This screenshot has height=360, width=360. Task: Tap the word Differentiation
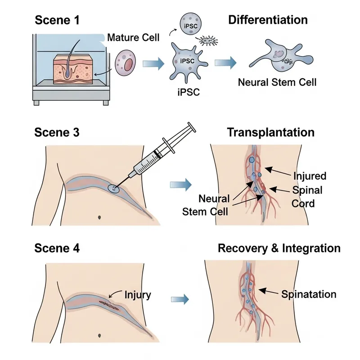tap(268, 20)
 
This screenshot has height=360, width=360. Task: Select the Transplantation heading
tap(270, 132)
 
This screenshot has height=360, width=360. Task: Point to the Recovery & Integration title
tap(279, 248)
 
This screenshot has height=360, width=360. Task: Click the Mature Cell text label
tap(133, 37)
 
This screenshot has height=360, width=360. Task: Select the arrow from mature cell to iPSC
tap(152, 64)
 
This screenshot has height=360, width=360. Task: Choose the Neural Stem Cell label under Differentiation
tap(277, 82)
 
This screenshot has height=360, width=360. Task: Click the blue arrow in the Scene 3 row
tap(181, 184)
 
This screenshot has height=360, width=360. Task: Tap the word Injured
tap(309, 175)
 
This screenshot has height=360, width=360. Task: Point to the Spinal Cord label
tap(307, 196)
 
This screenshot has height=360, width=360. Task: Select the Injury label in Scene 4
tap(138, 295)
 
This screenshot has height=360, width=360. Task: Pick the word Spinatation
tap(309, 295)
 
